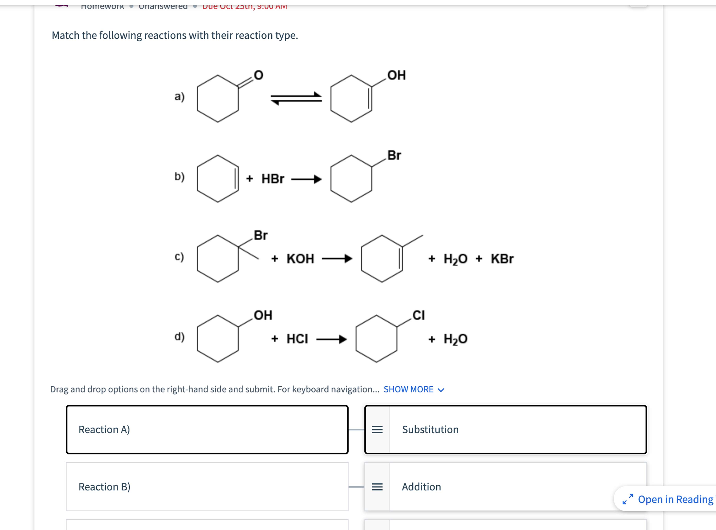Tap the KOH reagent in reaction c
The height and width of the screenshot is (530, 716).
(x=300, y=259)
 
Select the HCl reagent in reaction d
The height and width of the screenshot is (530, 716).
(x=297, y=339)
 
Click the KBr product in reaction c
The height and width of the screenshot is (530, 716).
(x=502, y=259)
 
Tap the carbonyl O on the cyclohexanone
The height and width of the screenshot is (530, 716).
(x=258, y=75)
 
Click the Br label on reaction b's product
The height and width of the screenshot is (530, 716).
(x=394, y=155)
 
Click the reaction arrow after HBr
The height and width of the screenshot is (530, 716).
(x=306, y=179)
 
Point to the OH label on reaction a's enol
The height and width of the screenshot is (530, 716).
(x=396, y=75)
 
